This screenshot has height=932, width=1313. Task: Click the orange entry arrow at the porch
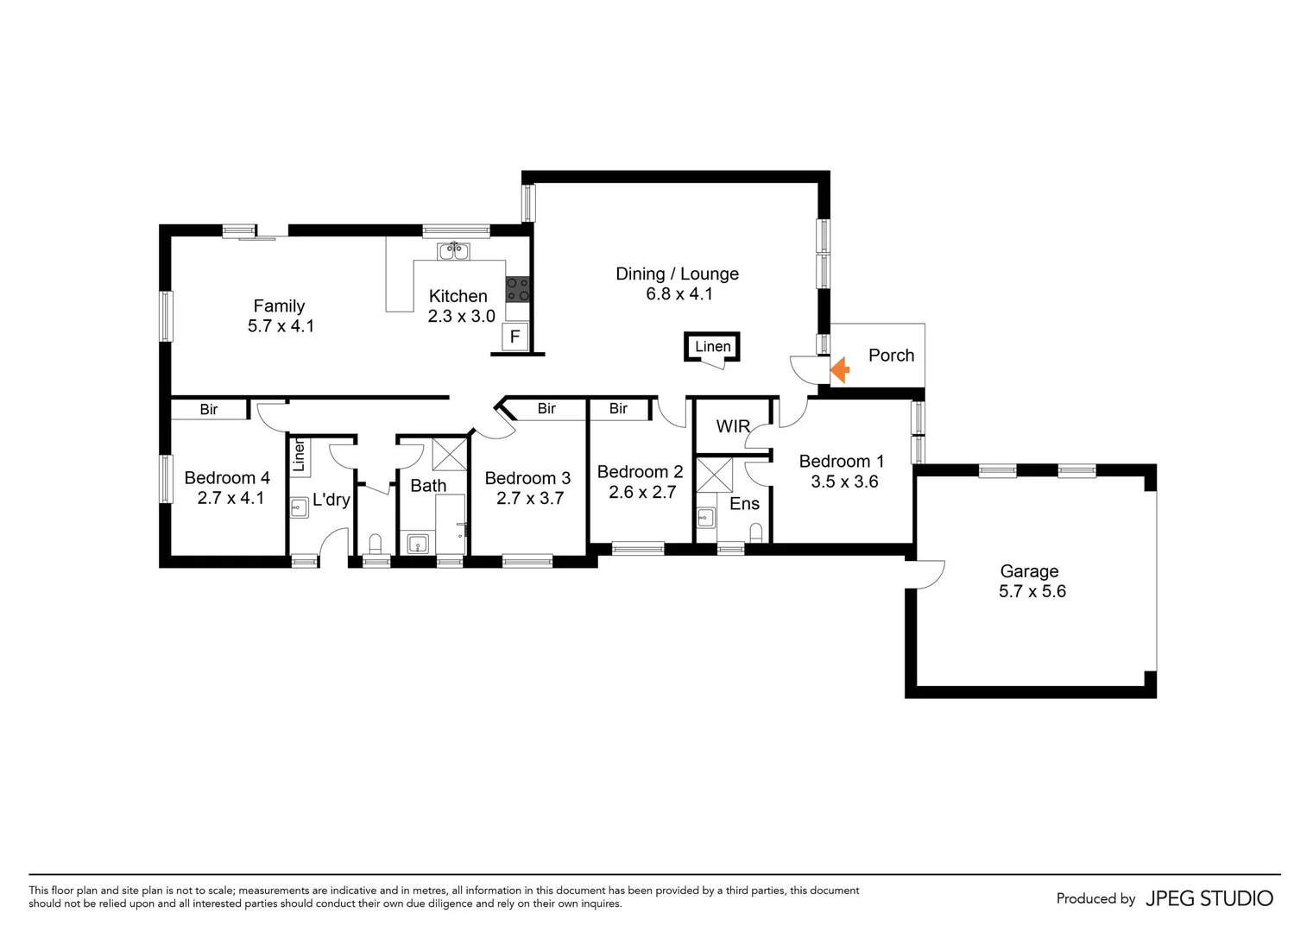coord(840,370)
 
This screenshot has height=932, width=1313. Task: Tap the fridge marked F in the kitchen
coord(514,337)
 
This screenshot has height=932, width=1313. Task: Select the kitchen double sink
coord(453,252)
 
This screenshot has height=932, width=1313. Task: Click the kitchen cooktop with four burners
coord(517,289)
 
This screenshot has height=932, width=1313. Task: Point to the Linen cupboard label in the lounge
coord(712,347)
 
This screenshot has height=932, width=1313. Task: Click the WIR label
coord(733,426)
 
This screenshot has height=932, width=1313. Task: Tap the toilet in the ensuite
coord(756,532)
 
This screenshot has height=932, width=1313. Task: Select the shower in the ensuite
coord(714,475)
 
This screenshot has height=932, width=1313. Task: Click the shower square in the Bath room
coord(449,454)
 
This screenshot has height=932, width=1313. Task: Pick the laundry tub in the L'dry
coord(300,507)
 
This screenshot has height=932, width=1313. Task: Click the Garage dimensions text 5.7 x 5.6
coord(1032,592)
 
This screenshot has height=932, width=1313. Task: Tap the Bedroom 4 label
coord(227,478)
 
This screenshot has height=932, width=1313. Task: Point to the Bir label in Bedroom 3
coord(546,409)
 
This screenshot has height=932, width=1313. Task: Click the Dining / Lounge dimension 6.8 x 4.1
coord(679,294)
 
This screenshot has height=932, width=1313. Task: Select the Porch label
coord(891,356)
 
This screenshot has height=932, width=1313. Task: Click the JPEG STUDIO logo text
coord(1209,898)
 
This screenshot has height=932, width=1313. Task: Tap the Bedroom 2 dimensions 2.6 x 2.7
coord(641,493)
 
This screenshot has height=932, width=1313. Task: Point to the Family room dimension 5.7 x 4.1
coord(281,326)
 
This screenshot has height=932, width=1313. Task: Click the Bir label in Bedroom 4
coord(209,410)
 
